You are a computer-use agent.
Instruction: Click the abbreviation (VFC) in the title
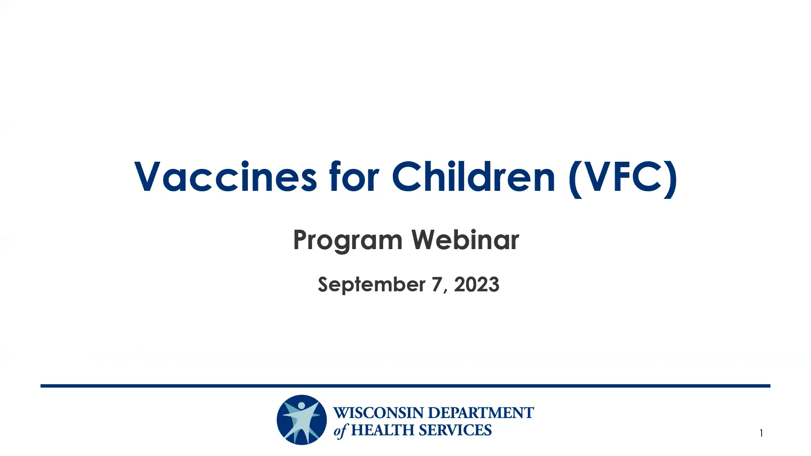click(x=623, y=177)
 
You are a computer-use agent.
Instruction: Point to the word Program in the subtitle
click(x=348, y=241)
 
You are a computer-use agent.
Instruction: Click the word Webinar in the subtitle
click(x=465, y=240)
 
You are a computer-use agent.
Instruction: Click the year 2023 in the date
click(x=476, y=284)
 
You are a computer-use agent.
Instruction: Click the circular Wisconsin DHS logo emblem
click(x=302, y=420)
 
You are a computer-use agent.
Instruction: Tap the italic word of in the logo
click(x=340, y=431)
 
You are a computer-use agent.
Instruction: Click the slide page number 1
click(x=761, y=433)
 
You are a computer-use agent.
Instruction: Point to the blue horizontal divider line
click(x=405, y=385)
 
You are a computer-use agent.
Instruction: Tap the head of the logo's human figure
click(x=301, y=406)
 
